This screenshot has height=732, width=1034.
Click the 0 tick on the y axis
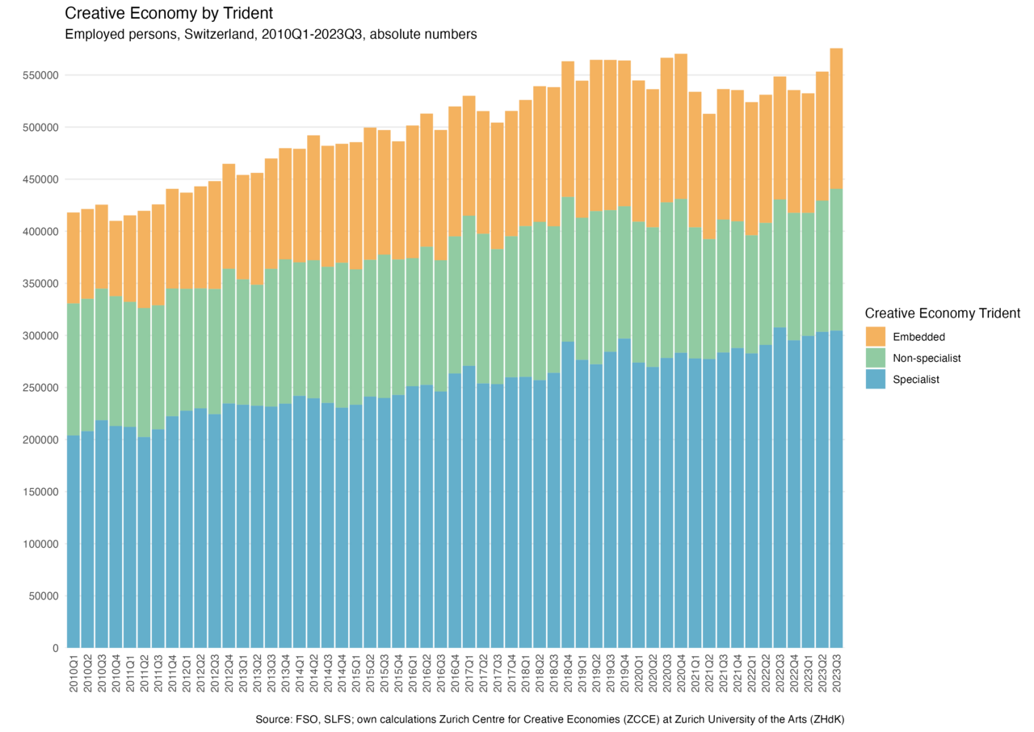click(55, 648)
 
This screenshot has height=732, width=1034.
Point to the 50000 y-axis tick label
click(44, 596)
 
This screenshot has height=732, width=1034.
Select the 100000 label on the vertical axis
click(41, 544)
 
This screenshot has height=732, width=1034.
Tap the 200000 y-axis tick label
click(41, 388)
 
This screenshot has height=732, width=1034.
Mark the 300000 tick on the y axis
click(41, 335)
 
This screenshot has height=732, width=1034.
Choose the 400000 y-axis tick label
click(41, 231)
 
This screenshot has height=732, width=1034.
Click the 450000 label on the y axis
click(41, 179)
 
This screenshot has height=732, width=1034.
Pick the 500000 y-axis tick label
click(41, 128)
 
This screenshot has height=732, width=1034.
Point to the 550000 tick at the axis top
click(41, 75)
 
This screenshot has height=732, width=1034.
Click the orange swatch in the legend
click(876, 336)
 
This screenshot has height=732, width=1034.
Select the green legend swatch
click(876, 358)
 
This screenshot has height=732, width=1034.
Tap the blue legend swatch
click(876, 379)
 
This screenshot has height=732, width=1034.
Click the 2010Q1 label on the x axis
click(73, 674)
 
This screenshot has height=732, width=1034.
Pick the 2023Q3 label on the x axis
click(837, 674)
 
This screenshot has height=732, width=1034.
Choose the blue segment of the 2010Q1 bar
click(73, 541)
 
